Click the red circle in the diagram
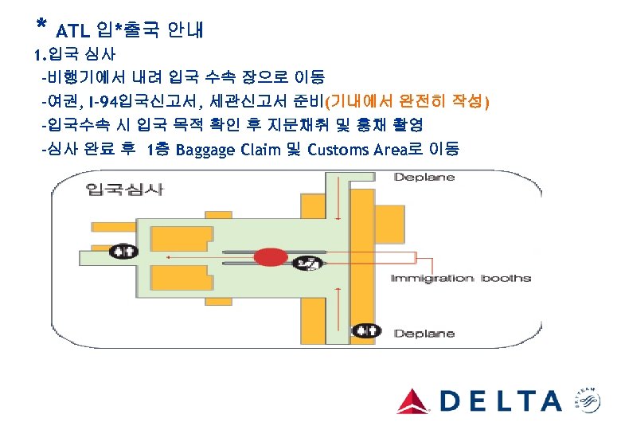point(270,257)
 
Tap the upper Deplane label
point(424,177)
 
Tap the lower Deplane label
point(424,334)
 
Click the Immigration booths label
point(460,278)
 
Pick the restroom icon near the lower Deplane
point(367,328)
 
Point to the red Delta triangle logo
point(412,401)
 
